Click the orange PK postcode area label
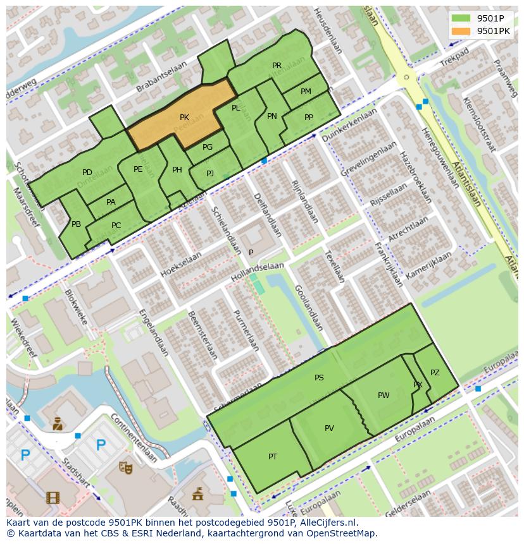tap(184, 118)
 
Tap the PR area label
tap(277, 66)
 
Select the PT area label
tap(273, 457)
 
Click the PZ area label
tap(435, 373)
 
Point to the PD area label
tap(87, 172)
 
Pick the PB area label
tap(76, 224)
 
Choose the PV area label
tap(329, 428)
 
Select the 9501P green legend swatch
tap(461, 18)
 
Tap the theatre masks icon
tap(126, 468)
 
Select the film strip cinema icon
tap(53, 498)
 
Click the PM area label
tap(306, 92)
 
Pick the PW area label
tap(384, 396)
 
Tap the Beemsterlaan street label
tap(203, 334)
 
